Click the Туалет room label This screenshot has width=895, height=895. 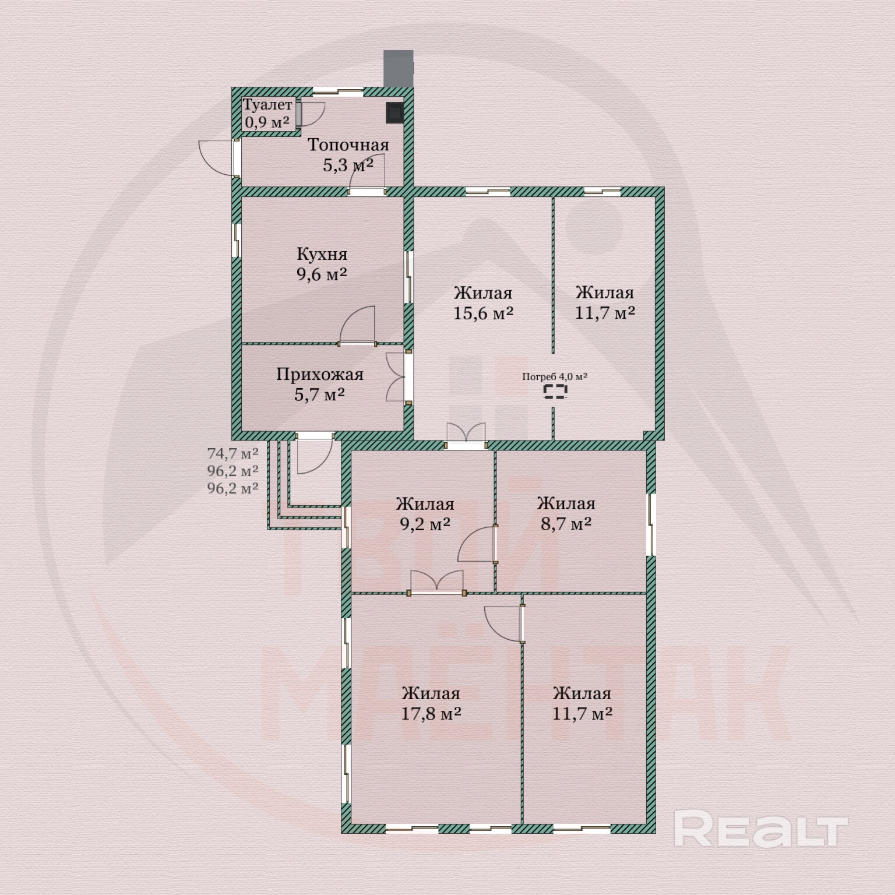[x=267, y=105]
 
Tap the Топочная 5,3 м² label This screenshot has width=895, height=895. [x=348, y=155]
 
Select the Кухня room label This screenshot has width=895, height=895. [x=322, y=254]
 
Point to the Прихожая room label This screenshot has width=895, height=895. [x=319, y=374]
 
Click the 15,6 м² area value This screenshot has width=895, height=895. [x=483, y=313]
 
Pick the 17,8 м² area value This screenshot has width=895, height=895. [x=431, y=714]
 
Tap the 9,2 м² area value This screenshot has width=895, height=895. [x=425, y=524]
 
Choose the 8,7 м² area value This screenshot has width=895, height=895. [x=566, y=524]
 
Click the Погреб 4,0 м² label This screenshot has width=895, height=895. [x=554, y=376]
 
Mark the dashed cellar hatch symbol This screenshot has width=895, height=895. [x=555, y=392]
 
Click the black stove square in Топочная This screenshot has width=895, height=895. [x=394, y=112]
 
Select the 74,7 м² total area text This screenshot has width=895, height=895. [x=232, y=453]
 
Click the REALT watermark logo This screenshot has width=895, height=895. [x=760, y=829]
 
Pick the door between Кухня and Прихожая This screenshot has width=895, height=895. [x=357, y=326]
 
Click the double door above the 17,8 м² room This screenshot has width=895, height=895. [x=436, y=583]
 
